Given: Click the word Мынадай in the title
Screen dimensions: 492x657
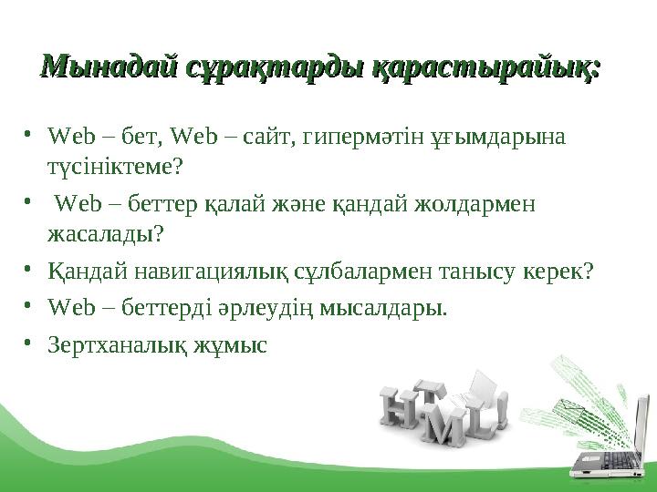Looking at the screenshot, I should click(x=107, y=67).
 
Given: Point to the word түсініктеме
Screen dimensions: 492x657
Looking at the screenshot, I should click(x=115, y=166).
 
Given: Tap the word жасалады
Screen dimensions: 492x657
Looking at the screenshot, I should click(x=105, y=233).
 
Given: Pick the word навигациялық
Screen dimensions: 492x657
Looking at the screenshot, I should click(x=219, y=272).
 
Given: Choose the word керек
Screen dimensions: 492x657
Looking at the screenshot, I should click(x=559, y=272).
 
